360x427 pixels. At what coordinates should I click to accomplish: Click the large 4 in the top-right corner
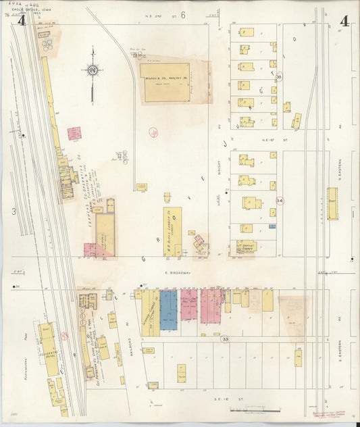pos(344,21)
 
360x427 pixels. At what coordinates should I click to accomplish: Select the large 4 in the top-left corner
pos(22,21)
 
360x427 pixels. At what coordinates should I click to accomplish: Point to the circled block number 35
pos(278,78)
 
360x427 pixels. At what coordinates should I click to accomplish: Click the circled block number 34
pos(279,201)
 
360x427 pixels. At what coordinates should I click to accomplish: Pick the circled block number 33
pos(225,338)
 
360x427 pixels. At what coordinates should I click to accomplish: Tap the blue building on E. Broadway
pos(168,310)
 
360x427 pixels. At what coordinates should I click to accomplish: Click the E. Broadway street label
pos(175,273)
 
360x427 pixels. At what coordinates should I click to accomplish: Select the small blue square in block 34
pos(272,226)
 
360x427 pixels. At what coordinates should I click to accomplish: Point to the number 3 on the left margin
pos(13,211)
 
